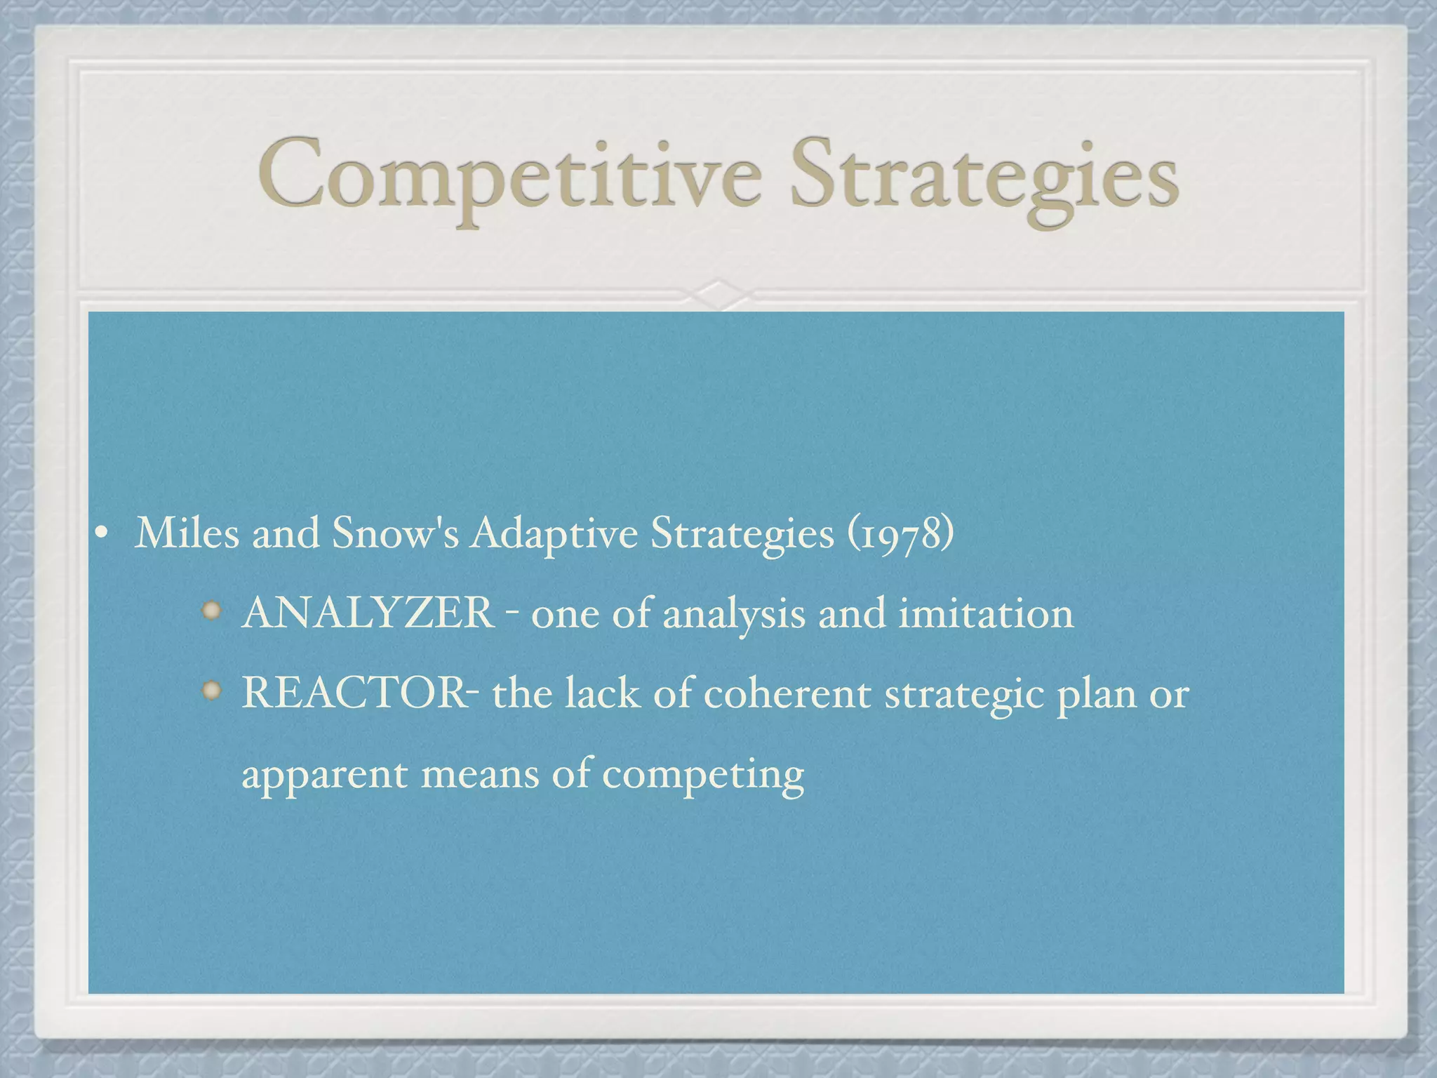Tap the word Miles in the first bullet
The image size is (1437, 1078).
(x=187, y=533)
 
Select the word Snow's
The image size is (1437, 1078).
(x=395, y=533)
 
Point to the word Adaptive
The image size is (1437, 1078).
(x=554, y=534)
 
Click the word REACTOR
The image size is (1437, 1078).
(x=354, y=693)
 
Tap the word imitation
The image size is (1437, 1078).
(x=986, y=612)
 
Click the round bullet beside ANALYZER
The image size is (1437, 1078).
(x=211, y=612)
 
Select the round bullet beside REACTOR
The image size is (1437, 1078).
(x=211, y=692)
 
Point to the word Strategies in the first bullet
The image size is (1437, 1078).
(x=742, y=534)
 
